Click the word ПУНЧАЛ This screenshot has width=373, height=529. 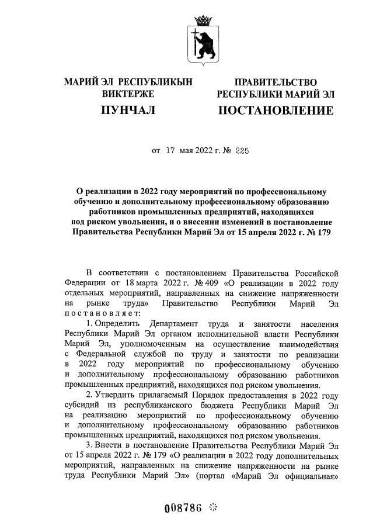pyautogui.click(x=128, y=110)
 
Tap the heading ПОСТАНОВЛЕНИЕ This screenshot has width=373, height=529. pyautogui.click(x=276, y=110)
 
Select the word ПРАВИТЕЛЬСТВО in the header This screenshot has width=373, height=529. pyautogui.click(x=276, y=82)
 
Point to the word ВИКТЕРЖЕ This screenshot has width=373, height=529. pyautogui.click(x=128, y=94)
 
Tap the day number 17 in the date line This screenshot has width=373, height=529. pyautogui.click(x=171, y=150)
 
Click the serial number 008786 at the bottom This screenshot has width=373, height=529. pyautogui.click(x=183, y=507)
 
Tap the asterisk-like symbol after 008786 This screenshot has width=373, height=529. pyautogui.click(x=212, y=507)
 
